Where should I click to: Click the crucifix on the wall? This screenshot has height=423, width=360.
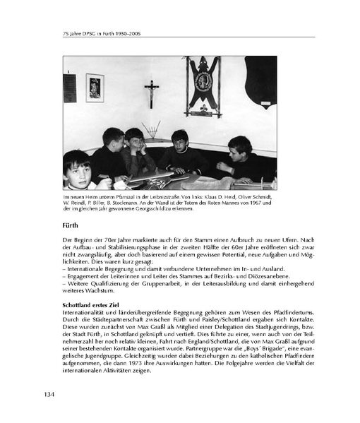[152, 92]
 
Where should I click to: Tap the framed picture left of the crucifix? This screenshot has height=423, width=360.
[95, 88]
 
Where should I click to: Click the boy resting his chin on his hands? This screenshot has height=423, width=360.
[134, 143]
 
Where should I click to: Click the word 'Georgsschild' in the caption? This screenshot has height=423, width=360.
[169, 208]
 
